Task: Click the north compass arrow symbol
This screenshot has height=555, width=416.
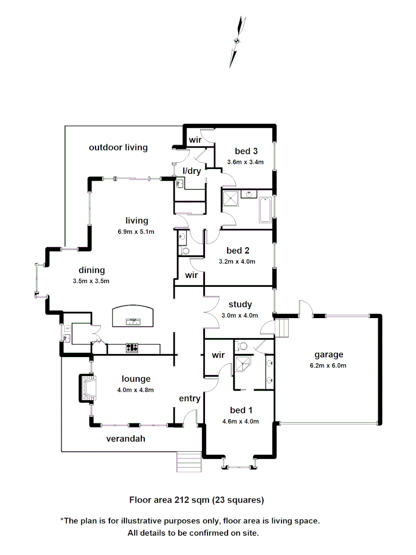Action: tap(238, 42)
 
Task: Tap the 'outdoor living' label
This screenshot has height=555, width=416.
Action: tap(118, 147)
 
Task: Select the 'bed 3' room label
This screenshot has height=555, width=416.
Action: tap(246, 151)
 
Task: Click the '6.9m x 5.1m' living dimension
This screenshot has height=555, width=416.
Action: tap(136, 231)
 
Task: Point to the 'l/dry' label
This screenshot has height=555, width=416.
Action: tap(192, 171)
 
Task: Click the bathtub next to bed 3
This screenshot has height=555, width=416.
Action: tap(265, 209)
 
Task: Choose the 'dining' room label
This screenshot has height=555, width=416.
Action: tap(92, 270)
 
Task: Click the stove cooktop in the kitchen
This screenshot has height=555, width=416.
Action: tap(133, 348)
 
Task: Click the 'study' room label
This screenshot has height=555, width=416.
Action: tap(240, 305)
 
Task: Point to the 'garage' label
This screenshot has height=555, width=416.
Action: tap(329, 355)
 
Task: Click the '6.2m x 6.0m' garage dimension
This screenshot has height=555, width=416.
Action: tap(329, 365)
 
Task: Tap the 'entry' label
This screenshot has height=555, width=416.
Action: tap(190, 398)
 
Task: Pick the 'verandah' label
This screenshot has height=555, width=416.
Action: tap(126, 439)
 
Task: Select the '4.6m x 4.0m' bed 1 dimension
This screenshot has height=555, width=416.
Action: tap(240, 421)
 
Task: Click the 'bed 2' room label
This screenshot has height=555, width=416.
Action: tap(238, 251)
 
